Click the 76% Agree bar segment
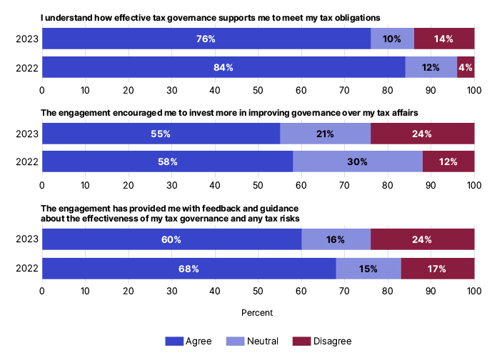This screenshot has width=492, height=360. click(x=206, y=39)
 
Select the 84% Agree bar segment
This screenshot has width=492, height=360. click(x=224, y=67)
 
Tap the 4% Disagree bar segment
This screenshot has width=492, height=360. click(x=466, y=67)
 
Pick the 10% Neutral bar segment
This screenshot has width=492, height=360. click(x=392, y=39)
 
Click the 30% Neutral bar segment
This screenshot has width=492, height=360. click(x=357, y=161)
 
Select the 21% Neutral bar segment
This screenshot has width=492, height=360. click(x=325, y=134)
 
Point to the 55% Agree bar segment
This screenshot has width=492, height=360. click(x=161, y=134)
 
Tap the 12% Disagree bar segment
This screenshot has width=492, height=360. click(x=448, y=161)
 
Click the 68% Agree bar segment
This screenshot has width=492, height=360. click(x=189, y=269)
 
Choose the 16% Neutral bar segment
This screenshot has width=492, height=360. click(x=336, y=240)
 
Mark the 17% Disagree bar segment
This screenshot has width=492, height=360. click(x=438, y=269)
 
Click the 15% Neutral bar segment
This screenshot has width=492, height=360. click(x=368, y=269)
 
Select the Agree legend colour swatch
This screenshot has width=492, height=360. click(x=174, y=341)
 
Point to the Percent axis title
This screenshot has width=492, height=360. click(x=258, y=312)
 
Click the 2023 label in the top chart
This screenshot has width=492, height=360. click(x=23, y=39)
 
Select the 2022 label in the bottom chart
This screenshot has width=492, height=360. click(x=23, y=269)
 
